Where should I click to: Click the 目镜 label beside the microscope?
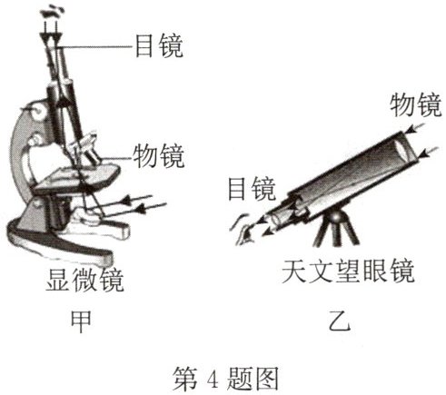pos(159,46)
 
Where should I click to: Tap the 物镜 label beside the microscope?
pos(158,156)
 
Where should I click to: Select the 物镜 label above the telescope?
pos(416,104)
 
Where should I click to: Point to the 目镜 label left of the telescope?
pos(252,189)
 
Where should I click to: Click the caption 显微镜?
pos(84,280)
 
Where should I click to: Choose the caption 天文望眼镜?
pos(348,271)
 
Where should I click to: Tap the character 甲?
pos(81,321)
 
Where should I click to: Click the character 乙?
pos(340,321)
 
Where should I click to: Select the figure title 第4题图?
pos(225,379)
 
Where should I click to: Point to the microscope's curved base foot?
pos(61,242)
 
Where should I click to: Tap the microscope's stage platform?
pos(75,179)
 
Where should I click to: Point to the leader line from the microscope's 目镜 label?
pos(94,47)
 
